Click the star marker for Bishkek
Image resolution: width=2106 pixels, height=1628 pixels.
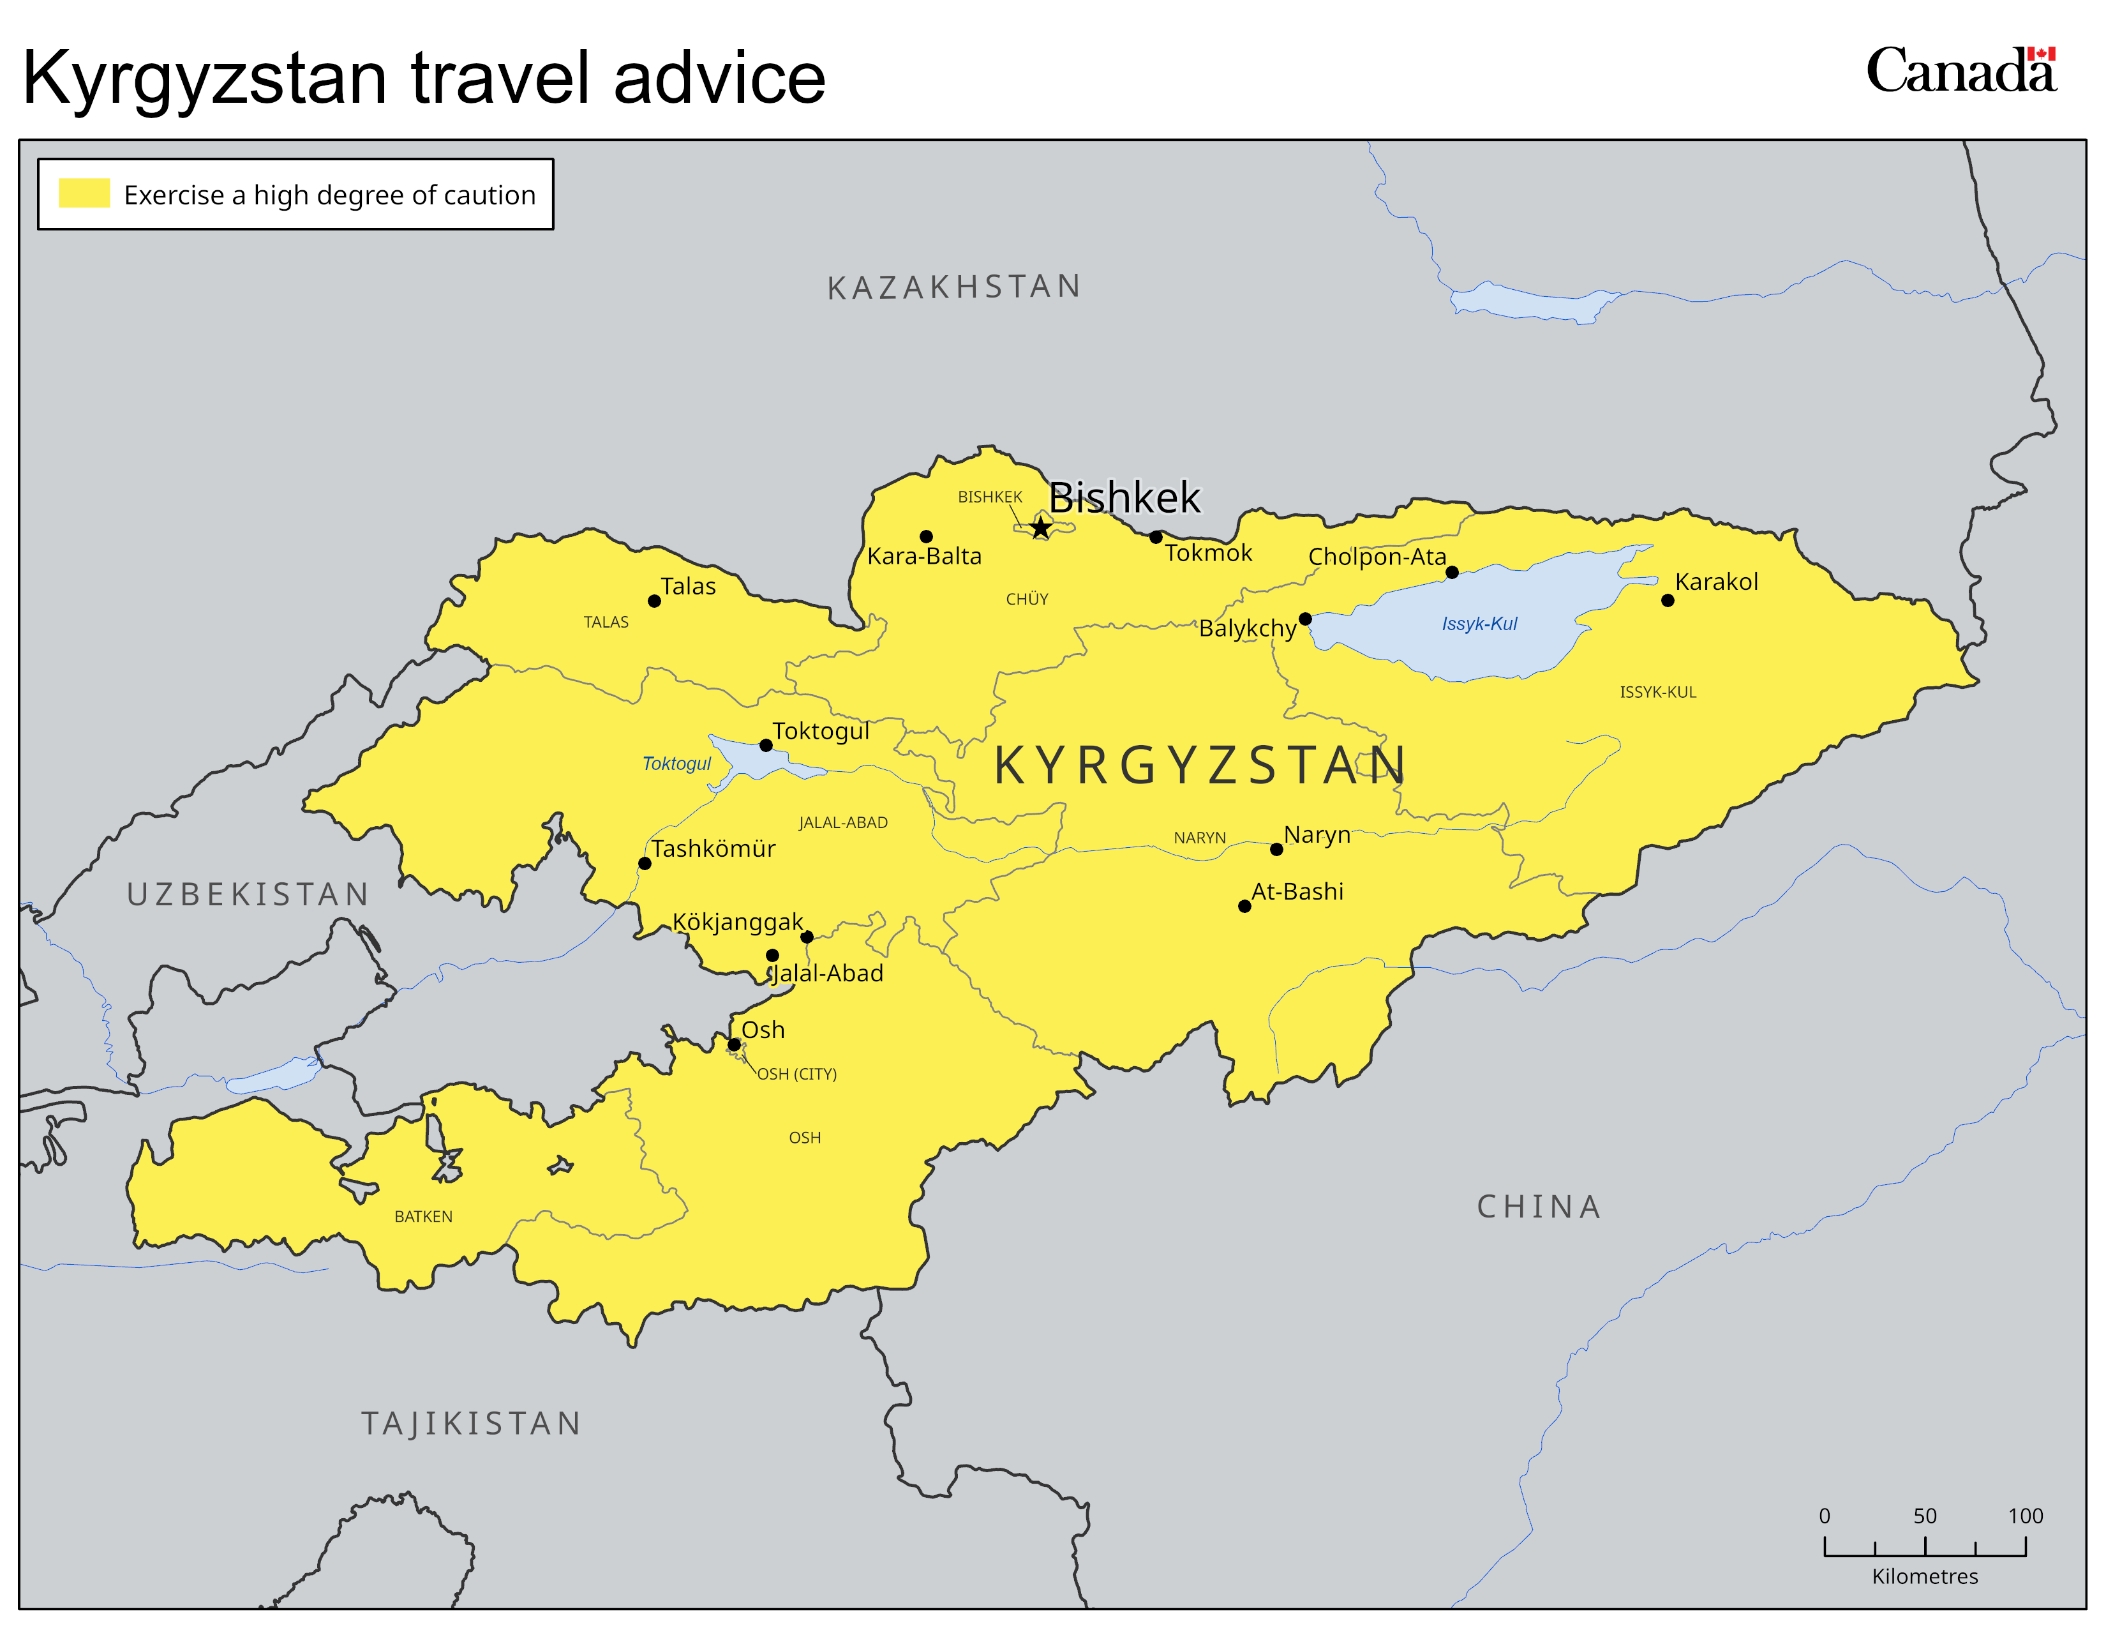pos(1040,527)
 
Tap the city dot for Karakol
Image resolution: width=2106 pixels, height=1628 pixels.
pos(1667,600)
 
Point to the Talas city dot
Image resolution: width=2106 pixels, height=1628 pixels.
pos(653,601)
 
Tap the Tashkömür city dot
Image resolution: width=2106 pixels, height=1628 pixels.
pos(644,863)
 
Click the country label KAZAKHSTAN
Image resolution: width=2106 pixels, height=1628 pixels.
pos(953,287)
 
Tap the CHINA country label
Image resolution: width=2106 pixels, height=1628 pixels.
pos(1539,1207)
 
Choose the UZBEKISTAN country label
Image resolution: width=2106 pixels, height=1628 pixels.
pos(248,894)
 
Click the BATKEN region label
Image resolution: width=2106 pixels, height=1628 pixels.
pos(423,1216)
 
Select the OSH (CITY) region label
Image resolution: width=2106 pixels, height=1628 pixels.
pos(796,1073)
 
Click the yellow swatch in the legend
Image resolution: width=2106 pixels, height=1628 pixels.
pos(84,193)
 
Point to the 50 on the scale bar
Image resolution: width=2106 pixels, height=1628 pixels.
pos(1925,1515)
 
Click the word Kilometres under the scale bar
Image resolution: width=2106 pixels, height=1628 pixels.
pos(1925,1576)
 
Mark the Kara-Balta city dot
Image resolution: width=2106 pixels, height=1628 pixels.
pos(926,536)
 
